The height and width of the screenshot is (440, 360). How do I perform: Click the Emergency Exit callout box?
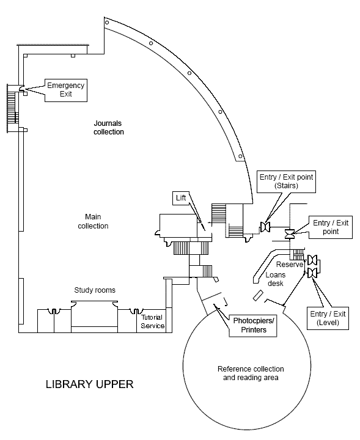pos(66,90)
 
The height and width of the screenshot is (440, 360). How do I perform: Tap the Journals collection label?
pos(109,127)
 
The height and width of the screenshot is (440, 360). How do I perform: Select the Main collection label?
pos(93,221)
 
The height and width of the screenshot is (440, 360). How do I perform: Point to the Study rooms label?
pos(95,290)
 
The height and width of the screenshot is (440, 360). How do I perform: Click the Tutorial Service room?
pos(152,321)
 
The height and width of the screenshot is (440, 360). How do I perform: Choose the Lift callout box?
pos(181,198)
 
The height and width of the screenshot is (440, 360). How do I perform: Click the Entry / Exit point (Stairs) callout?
pos(286,182)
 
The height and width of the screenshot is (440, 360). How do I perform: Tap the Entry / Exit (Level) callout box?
pos(328,318)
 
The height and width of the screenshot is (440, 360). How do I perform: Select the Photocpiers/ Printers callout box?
pos(253,326)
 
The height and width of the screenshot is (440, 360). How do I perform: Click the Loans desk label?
pos(276,279)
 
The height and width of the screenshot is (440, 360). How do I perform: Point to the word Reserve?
pos(290,265)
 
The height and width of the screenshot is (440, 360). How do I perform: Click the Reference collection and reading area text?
pos(251,373)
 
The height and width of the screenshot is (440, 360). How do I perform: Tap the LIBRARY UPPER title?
pos(89,384)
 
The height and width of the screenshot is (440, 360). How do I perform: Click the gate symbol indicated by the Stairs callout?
pos(265,227)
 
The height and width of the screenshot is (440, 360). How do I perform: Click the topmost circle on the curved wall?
pos(107,23)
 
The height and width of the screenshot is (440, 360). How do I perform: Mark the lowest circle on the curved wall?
pos(240,156)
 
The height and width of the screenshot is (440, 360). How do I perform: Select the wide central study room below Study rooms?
pos(94,317)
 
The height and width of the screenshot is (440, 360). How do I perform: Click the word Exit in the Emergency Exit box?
pos(66,94)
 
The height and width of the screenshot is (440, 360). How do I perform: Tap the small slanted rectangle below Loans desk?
pos(258,296)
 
